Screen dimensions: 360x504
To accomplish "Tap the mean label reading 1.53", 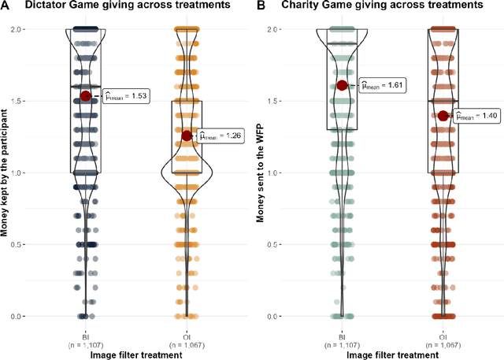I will pyautogui.click(x=125, y=96).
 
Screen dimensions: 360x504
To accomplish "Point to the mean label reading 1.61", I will pyautogui.click(x=381, y=85).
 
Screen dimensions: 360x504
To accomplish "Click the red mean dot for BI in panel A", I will pyautogui.click(x=86, y=96).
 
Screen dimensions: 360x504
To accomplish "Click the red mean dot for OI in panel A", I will pyautogui.click(x=187, y=135).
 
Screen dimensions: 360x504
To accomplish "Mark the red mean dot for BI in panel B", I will pyautogui.click(x=342, y=85).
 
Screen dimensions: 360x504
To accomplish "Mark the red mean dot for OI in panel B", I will pyautogui.click(x=443, y=116).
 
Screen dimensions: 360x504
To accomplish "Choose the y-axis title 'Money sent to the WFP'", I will pyautogui.click(x=261, y=172).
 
